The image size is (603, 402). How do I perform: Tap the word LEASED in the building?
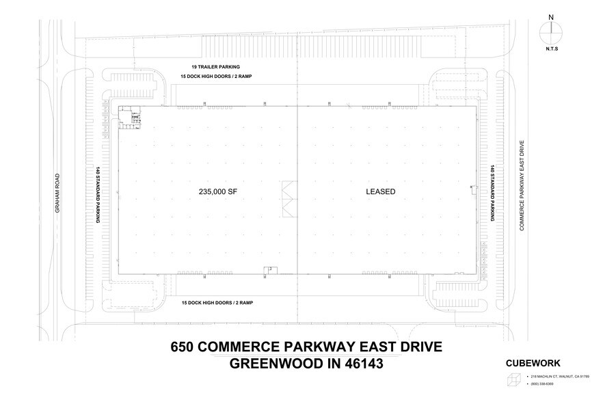click(x=380, y=193)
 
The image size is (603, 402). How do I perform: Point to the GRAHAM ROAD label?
click(x=59, y=192)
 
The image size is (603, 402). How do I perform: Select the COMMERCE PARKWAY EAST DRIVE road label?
click(x=522, y=186)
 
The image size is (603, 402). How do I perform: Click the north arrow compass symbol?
click(x=551, y=31)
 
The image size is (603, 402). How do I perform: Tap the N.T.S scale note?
click(x=551, y=49)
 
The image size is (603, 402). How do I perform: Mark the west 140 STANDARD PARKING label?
click(x=99, y=193)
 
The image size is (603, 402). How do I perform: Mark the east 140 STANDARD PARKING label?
click(x=492, y=193)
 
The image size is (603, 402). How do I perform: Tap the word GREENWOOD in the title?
click(x=267, y=364)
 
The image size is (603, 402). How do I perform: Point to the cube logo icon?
click(x=513, y=380)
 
